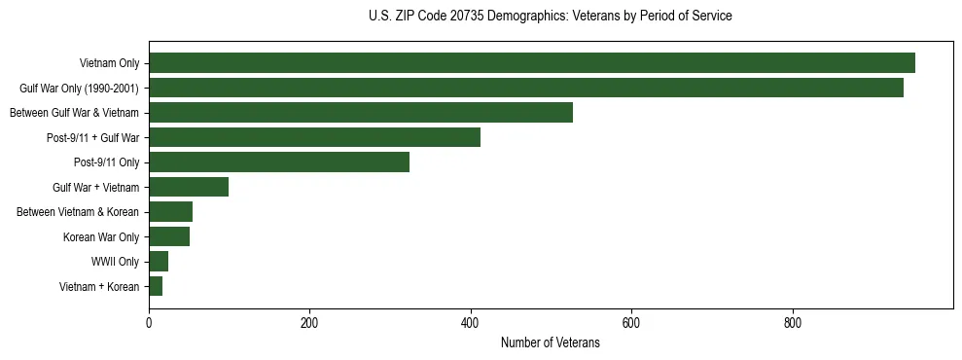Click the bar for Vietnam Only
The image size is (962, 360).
pyautogui.click(x=531, y=63)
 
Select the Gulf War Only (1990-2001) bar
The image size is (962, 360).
pyautogui.click(x=525, y=88)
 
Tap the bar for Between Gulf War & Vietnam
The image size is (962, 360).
pyautogui.click(x=360, y=113)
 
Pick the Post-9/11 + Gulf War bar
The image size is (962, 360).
pyautogui.click(x=314, y=137)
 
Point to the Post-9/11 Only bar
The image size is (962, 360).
pyautogui.click(x=279, y=162)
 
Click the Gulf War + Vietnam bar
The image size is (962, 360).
pyautogui.click(x=189, y=187)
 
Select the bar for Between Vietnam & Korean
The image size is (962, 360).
pyautogui.click(x=170, y=211)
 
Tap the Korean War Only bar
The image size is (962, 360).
pyautogui.click(x=169, y=236)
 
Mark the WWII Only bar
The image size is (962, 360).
pyautogui.click(x=159, y=261)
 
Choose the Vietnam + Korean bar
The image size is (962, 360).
pyautogui.click(x=156, y=286)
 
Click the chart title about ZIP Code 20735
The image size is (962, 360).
pyautogui.click(x=551, y=17)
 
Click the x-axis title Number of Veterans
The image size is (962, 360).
pyautogui.click(x=551, y=343)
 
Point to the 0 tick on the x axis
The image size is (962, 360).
pyautogui.click(x=149, y=324)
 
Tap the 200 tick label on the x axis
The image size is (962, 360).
pyautogui.click(x=309, y=324)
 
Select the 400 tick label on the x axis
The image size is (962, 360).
pyautogui.click(x=471, y=324)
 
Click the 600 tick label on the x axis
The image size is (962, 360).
pyautogui.click(x=631, y=324)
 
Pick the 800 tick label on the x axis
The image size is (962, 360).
pyautogui.click(x=793, y=324)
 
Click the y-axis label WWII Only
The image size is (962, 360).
pyautogui.click(x=115, y=262)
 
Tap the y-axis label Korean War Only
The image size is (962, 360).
pyautogui.click(x=101, y=236)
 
